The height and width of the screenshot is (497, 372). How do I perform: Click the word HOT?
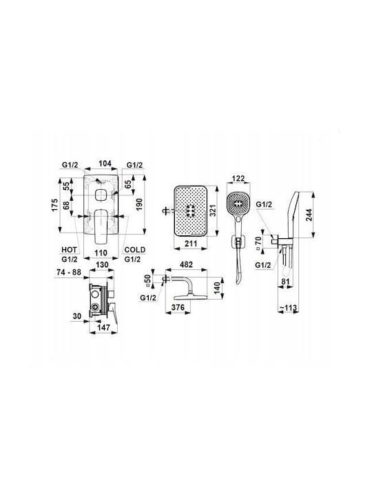pyautogui.click(x=69, y=250)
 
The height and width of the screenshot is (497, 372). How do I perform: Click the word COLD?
pyautogui.click(x=135, y=250)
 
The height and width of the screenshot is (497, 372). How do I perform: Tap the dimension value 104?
pyautogui.click(x=105, y=164)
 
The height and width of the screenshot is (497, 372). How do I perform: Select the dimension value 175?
pyautogui.click(x=55, y=206)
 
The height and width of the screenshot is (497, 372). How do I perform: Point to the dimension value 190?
pyautogui.click(x=140, y=204)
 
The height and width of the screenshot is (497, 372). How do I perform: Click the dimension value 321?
pyautogui.click(x=213, y=211)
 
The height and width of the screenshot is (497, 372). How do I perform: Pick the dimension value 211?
pyautogui.click(x=190, y=244)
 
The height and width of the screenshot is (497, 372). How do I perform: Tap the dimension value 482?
pyautogui.click(x=186, y=264)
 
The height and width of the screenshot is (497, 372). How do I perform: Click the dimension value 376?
pyautogui.click(x=178, y=307)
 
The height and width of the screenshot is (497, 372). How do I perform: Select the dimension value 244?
pyautogui.click(x=308, y=215)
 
